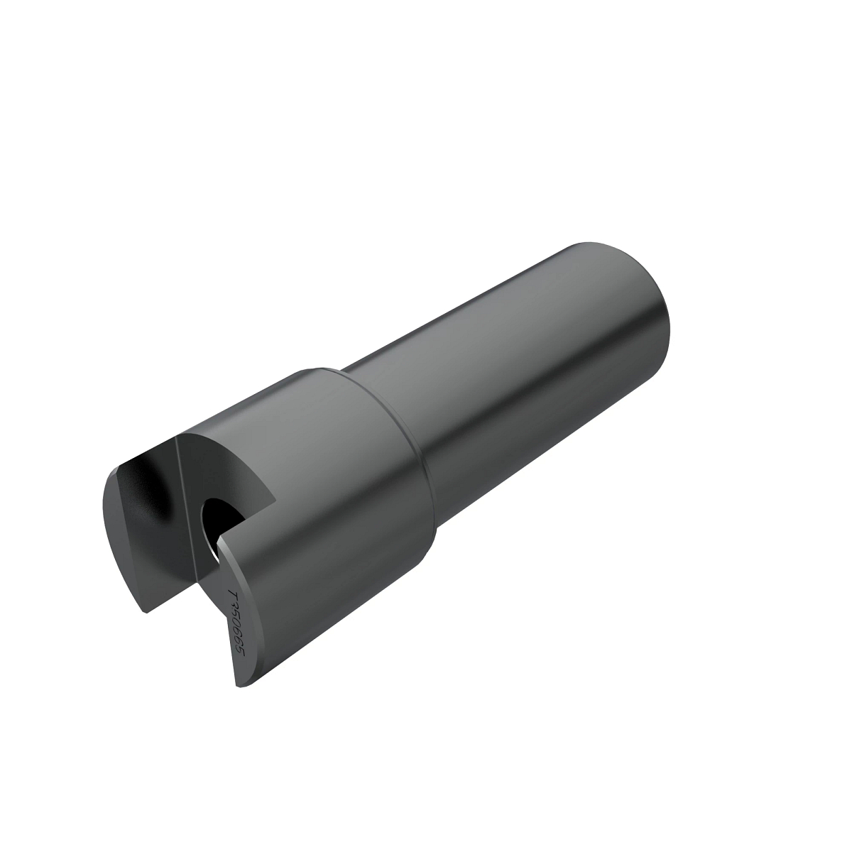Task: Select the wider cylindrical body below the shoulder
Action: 341,497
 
